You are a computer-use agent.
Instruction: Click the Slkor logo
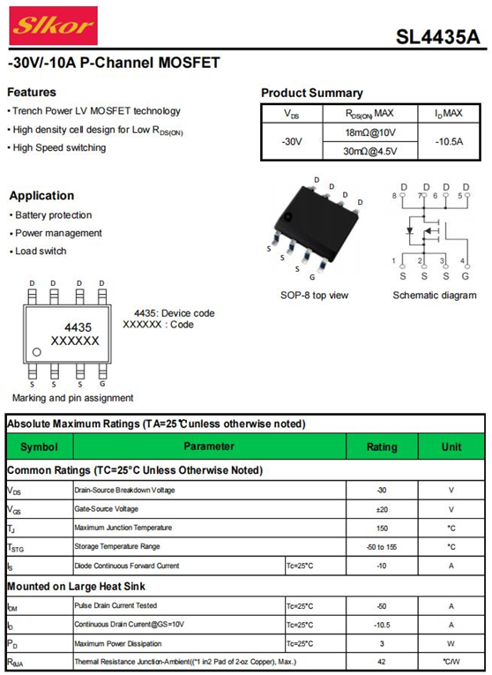[x=53, y=26]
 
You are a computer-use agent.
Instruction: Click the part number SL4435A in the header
[x=437, y=37]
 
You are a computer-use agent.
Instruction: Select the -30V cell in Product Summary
[x=292, y=142]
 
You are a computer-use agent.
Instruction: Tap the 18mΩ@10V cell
[x=369, y=132]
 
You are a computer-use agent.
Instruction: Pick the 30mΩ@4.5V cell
[x=369, y=151]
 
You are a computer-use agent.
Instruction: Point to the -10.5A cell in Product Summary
[x=449, y=142]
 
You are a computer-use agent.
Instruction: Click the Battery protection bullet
[x=51, y=214]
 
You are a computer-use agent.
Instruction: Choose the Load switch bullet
[x=38, y=251]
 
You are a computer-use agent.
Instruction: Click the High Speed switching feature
[x=56, y=147]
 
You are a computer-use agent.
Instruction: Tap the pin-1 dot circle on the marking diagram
[x=36, y=352]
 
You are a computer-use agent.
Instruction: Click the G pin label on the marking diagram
[x=102, y=384]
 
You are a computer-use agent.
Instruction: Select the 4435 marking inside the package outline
[x=78, y=327]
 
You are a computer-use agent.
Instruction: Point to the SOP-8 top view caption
[x=315, y=296]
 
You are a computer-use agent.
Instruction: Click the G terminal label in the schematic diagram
[x=466, y=276]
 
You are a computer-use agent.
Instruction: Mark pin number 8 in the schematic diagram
[x=394, y=196]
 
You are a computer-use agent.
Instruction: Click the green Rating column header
[x=382, y=446]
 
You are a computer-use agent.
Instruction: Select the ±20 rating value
[x=382, y=509]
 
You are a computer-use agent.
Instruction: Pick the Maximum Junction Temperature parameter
[x=123, y=528]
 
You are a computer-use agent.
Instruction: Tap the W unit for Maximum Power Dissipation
[x=451, y=644]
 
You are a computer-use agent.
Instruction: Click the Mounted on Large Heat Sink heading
[x=76, y=586]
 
